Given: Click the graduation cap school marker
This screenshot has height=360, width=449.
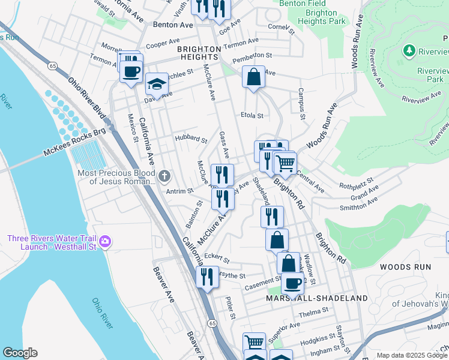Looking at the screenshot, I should tap(157, 84).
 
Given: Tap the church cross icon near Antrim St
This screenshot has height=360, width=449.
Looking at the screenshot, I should tap(165, 176).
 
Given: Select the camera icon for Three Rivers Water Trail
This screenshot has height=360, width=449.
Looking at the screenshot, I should tap(106, 242).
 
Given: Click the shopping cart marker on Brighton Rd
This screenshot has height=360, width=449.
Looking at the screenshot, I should tap(285, 162).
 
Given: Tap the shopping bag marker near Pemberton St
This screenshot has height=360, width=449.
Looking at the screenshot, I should tap(254, 76).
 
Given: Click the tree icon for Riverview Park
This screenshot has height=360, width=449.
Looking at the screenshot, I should tap(410, 50).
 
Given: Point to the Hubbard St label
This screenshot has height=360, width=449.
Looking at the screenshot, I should tap(190, 139).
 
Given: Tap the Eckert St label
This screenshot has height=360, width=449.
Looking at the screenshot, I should tap(217, 257).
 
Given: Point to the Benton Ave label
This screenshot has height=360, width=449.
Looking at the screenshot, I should tap(173, 25).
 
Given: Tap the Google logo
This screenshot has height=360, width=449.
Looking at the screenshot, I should tap(19, 353).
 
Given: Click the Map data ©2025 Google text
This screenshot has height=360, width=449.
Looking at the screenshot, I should tap(412, 355).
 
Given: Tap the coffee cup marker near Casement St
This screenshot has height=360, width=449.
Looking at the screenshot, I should tap(292, 283).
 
